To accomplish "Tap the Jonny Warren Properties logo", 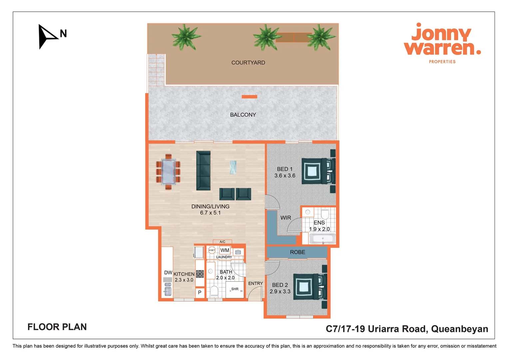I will click(442, 43).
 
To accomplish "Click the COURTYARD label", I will click(248, 63).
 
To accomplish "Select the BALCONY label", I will click(243, 115).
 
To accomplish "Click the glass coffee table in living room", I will click(233, 167).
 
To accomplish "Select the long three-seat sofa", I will click(203, 170).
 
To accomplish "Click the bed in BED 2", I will click(309, 287).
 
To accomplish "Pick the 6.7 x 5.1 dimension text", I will click(210, 213).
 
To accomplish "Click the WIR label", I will click(285, 218).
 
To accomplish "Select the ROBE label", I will click(297, 252).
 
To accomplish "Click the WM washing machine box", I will click(225, 250).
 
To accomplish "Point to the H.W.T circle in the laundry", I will click(212, 250).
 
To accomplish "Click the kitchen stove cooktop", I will click(200, 274).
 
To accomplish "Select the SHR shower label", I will click(235, 289).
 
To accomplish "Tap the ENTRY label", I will click(255, 283).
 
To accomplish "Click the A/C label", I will click(223, 242).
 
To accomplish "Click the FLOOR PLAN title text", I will click(57, 327).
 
